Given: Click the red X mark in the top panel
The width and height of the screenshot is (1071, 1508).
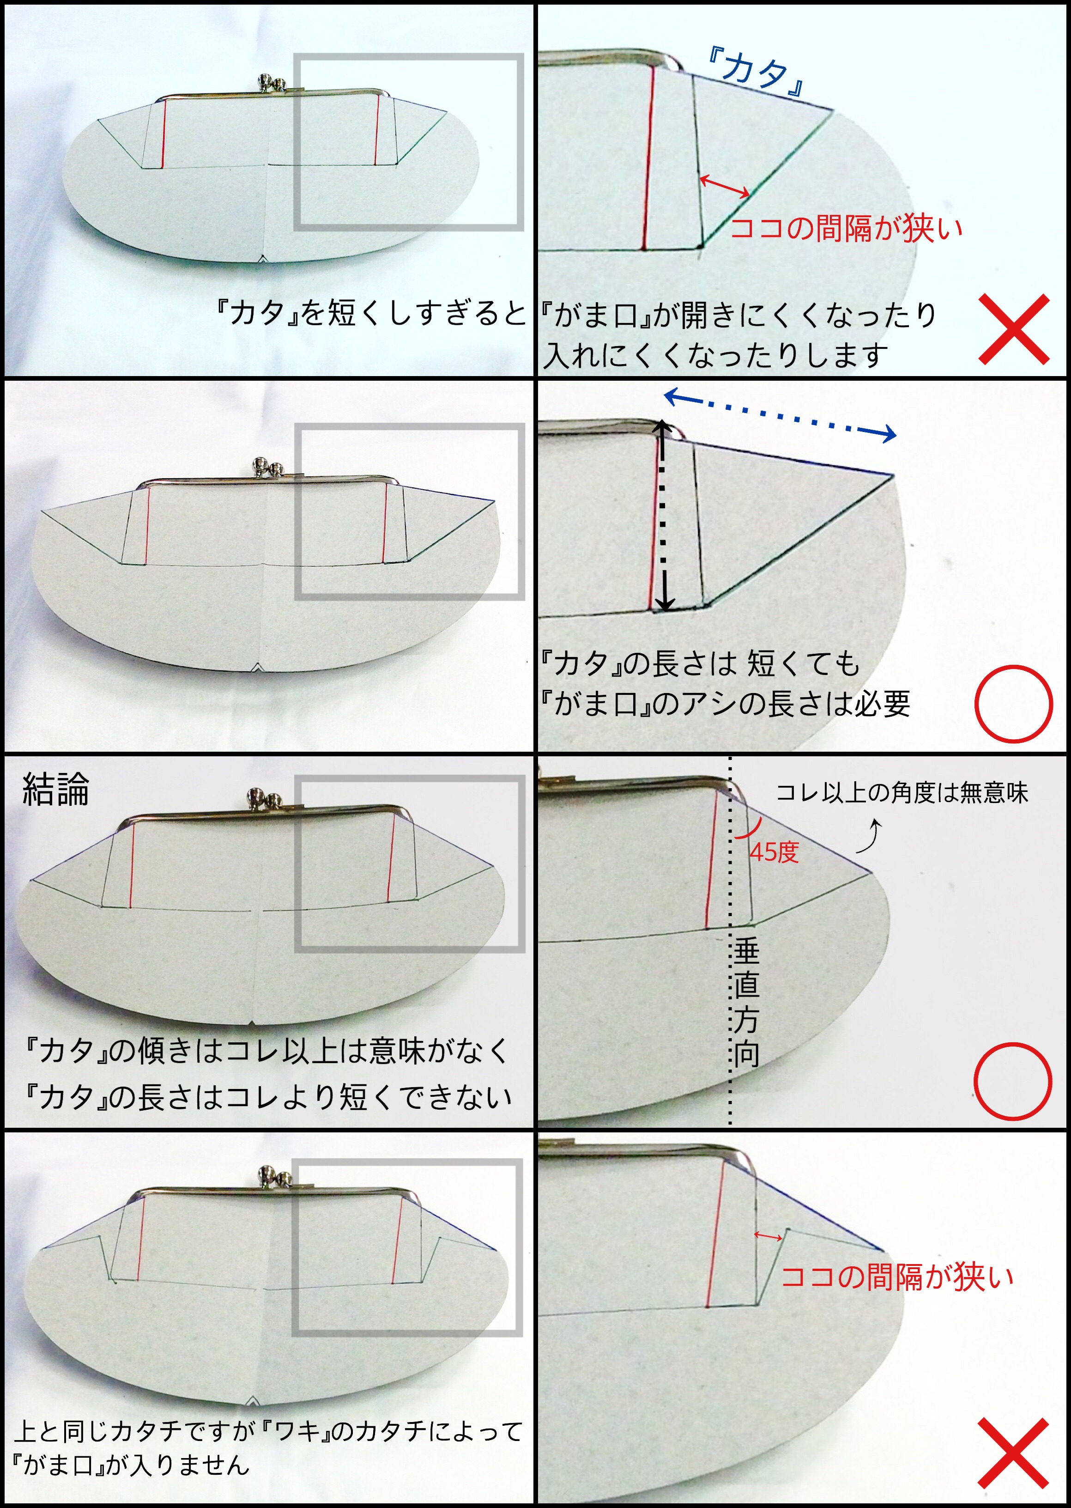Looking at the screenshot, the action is pyautogui.click(x=1014, y=329).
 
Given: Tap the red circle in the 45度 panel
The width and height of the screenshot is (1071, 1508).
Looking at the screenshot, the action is pyautogui.click(x=1012, y=1081).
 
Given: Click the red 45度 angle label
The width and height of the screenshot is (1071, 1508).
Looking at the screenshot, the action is pyautogui.click(x=774, y=852).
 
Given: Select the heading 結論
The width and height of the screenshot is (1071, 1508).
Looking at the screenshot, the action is pyautogui.click(x=55, y=789).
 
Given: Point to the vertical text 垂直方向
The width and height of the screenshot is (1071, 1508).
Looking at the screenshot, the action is pyautogui.click(x=746, y=1003).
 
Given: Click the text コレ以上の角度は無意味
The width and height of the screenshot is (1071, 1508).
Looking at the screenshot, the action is pyautogui.click(x=902, y=792).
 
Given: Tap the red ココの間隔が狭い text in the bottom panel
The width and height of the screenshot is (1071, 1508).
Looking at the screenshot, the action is pyautogui.click(x=897, y=1277).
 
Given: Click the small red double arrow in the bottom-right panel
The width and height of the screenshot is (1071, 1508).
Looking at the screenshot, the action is pyautogui.click(x=768, y=1236).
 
